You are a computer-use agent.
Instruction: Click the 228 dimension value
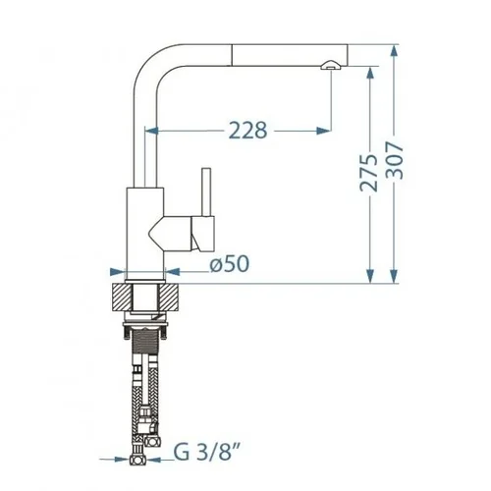247,131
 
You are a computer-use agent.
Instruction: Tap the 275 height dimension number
369,172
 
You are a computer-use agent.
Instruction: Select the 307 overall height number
394,160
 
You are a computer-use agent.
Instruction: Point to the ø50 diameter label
230,263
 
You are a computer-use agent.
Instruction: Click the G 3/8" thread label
207,452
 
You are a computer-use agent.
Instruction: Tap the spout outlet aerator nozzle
331,66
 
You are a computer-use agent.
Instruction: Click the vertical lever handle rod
206,192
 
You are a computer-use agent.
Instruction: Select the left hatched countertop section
122,297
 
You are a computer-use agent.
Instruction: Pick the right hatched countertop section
170,297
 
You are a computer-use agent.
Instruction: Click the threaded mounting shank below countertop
146,343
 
